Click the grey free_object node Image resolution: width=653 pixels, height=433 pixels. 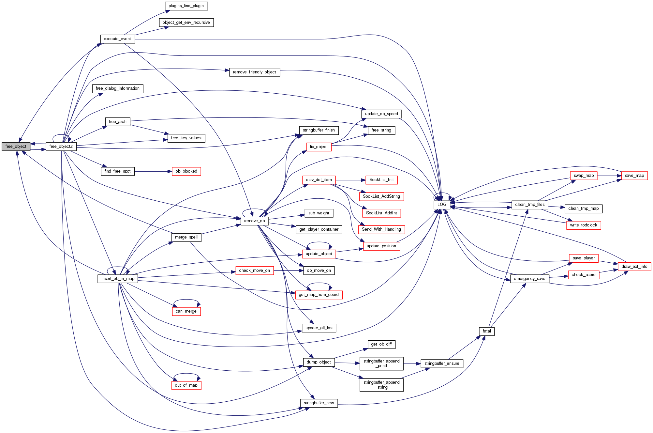[x=16, y=147]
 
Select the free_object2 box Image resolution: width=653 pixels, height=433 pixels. [x=61, y=147]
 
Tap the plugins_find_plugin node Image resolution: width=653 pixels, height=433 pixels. [x=186, y=6]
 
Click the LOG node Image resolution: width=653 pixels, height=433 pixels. [x=442, y=205]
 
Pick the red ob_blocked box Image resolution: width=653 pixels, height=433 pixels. [x=186, y=171]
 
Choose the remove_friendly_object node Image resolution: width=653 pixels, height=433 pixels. [x=254, y=72]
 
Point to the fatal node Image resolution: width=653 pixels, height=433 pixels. [x=487, y=331]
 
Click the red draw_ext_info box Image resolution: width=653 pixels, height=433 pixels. [x=634, y=267]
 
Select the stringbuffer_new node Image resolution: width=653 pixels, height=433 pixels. [x=319, y=403]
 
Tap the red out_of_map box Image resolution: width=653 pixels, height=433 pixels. [x=186, y=385]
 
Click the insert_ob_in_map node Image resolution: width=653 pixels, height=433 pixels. [x=118, y=279]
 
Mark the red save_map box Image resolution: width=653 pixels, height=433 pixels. [x=634, y=176]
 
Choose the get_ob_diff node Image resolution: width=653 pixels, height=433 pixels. [x=381, y=344]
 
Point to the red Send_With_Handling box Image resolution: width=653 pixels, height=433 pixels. [x=381, y=229]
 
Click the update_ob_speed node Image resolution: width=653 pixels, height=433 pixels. [x=381, y=114]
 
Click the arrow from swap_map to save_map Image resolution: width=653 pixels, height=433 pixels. [x=609, y=176]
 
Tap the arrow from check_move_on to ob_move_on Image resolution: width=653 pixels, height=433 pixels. [x=289, y=271]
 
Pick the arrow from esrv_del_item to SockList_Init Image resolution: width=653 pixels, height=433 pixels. [x=350, y=180]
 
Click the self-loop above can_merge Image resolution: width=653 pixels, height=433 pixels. [x=186, y=300]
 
